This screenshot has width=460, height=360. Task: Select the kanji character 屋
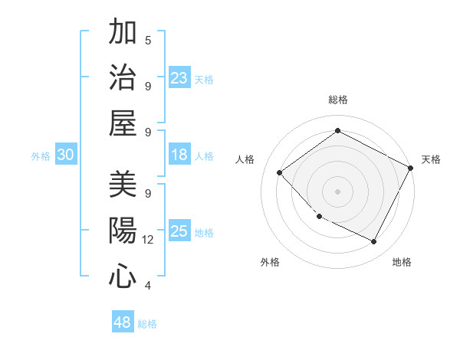[122, 123]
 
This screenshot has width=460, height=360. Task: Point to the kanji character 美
[122, 185]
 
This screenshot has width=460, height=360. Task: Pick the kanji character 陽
[122, 231]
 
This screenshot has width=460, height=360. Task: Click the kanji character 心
[122, 277]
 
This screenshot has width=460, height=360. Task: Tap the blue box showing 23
[179, 78]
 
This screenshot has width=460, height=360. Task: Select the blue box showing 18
[179, 155]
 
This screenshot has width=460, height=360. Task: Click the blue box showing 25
[179, 232]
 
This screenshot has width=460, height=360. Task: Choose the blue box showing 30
[66, 155]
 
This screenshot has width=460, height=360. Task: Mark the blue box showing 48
[123, 323]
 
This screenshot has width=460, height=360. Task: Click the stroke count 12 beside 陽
[147, 240]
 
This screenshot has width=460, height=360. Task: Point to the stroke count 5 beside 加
[147, 40]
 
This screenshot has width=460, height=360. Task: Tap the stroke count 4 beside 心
[147, 286]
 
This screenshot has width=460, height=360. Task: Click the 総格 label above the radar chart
[338, 100]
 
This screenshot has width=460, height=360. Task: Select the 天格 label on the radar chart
[431, 159]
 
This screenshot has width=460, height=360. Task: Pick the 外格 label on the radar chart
[270, 262]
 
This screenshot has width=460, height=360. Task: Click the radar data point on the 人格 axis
[280, 172]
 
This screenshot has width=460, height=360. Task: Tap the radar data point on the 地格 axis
[373, 241]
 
